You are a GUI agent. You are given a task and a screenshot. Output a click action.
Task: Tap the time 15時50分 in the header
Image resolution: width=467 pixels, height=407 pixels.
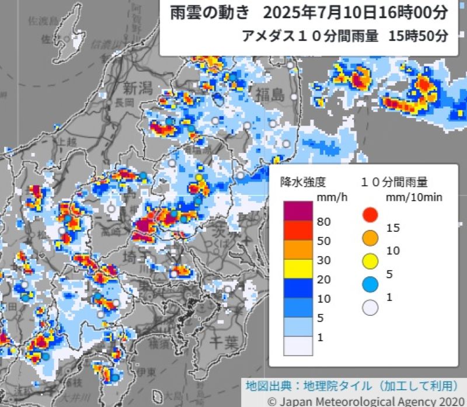coord(418,35)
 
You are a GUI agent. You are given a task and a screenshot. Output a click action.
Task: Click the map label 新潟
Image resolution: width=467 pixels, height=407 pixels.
coord(138,88)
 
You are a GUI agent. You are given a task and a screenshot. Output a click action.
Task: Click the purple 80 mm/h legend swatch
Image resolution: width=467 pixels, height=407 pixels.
coord(298,211)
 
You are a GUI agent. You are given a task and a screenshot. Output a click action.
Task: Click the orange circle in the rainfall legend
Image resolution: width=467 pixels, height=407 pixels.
coord(370,238)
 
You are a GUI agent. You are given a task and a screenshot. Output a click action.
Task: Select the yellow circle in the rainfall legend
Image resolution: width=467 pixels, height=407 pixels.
coord(370,260)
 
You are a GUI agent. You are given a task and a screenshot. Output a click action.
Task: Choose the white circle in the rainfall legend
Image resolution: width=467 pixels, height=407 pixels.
coord(370,307)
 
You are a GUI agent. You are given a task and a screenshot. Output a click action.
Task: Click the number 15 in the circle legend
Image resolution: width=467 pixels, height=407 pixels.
coord(393,228)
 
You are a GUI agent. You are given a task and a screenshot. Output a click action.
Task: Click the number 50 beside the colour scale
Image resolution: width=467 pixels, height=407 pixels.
coord(324,241)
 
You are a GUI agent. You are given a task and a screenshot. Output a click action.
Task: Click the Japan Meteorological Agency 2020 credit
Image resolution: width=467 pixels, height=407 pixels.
coord(366,401)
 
